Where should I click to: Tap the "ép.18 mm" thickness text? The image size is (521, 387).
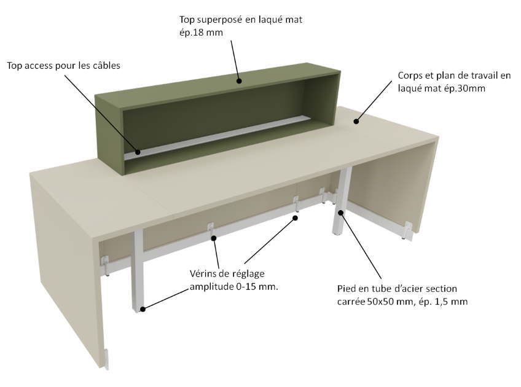tap(201, 33)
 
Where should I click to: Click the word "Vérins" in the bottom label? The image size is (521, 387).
tap(202, 274)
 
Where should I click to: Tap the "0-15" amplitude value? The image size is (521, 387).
tap(245, 287)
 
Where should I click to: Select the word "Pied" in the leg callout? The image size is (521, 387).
tap(346, 288)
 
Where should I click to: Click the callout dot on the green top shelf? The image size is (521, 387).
tap(239, 80)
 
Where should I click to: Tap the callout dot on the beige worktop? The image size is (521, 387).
tap(356, 121)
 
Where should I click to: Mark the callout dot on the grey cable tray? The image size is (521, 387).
tap(138, 152)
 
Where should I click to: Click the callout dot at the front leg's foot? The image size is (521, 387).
tap(143, 309)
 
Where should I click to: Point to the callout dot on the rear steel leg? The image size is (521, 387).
tap(340, 213)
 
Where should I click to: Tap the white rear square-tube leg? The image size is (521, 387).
tap(341, 202)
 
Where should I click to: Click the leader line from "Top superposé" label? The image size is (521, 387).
tap(235, 60)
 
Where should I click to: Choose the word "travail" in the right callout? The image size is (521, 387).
tap(480, 76)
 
